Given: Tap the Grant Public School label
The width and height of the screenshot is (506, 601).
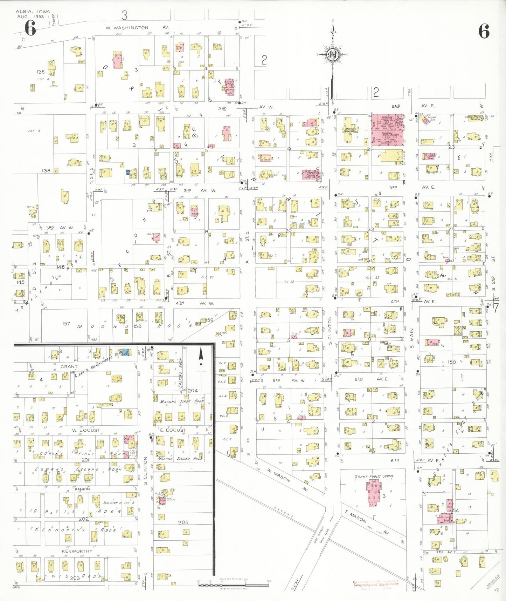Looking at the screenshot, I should [374, 476].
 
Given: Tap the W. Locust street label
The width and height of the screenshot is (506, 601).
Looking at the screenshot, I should [86, 430].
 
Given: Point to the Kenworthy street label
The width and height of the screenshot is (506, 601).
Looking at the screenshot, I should [77, 551].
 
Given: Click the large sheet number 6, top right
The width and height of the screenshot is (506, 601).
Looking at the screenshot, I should [484, 32].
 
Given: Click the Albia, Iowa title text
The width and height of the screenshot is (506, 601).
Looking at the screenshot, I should [33, 12].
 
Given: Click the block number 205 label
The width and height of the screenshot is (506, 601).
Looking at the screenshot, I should [183, 522].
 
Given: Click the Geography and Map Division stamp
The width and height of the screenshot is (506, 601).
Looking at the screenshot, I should [376, 584].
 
